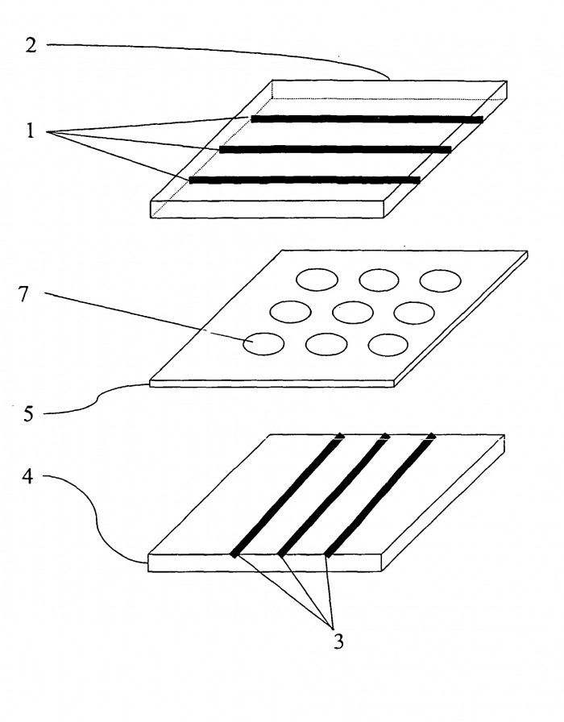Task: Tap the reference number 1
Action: click(31, 131)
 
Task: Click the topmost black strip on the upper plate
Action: click(367, 119)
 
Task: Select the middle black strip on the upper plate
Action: click(335, 149)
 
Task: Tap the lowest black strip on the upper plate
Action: click(305, 180)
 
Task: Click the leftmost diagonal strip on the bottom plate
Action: click(286, 495)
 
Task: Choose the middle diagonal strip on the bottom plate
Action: click(333, 495)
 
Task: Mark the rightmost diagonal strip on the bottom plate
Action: click(379, 495)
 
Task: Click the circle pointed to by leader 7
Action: click(263, 344)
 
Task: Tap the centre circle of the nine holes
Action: click(351, 311)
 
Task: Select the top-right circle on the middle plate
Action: click(440, 280)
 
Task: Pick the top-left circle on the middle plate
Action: click(317, 280)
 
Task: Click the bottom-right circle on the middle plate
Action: click(389, 344)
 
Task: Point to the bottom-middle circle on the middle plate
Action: click(326, 344)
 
